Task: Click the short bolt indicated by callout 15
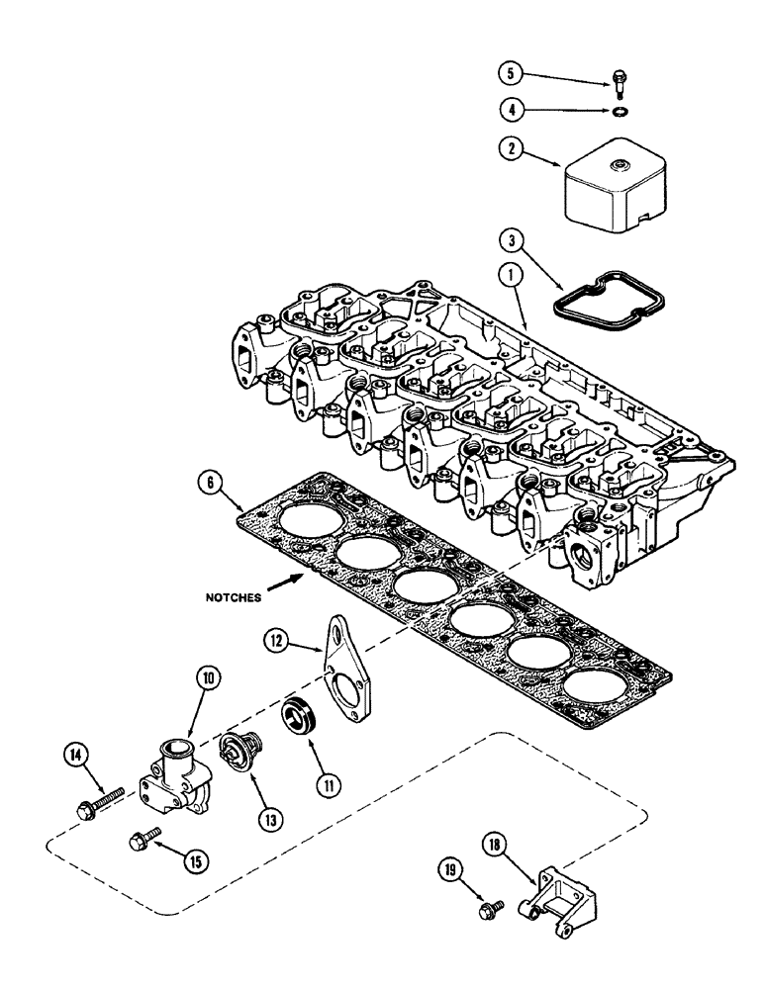pos(141,841)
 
